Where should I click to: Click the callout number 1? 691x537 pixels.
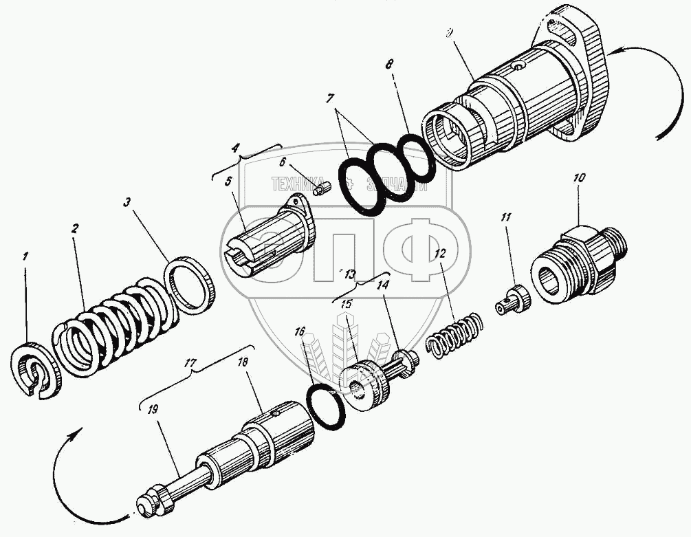pyautogui.click(x=26, y=256)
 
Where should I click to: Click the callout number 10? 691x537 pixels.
pyautogui.click(x=579, y=178)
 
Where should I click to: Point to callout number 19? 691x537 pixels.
pyautogui.click(x=152, y=410)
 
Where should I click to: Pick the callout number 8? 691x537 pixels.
pyautogui.click(x=390, y=63)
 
